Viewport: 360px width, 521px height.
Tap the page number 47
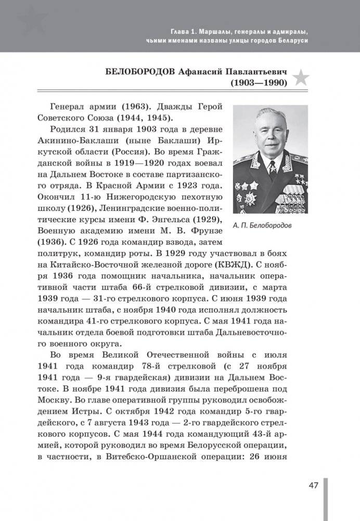click(x=313, y=486)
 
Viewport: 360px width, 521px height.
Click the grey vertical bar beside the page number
click(x=325, y=500)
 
